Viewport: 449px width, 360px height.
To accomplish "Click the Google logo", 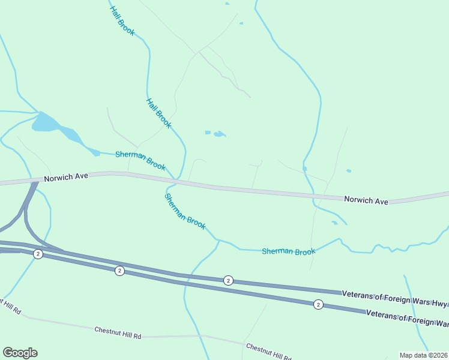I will pos(20,353).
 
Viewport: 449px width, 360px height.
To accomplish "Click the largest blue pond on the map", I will pos(46,122).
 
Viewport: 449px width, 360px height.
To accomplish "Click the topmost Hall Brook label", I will pos(122,20).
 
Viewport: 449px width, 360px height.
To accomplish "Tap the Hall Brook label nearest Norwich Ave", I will pos(158,113).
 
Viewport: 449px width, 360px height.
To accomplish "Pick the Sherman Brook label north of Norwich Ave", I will pos(140,160).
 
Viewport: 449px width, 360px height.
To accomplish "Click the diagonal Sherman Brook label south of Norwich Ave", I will pos(185,212).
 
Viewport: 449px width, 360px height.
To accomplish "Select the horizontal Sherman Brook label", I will pos(288,251).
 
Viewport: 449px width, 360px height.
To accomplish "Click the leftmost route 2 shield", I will pos(38,254).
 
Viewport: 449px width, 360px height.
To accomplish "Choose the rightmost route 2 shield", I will pos(318,305).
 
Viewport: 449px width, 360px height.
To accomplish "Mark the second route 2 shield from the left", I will pos(119,271).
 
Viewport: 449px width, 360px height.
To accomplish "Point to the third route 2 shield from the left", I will pos(228,280).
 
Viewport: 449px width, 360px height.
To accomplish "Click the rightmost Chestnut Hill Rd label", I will pos(268,352).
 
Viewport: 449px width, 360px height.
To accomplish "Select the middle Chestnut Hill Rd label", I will pos(118,333).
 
